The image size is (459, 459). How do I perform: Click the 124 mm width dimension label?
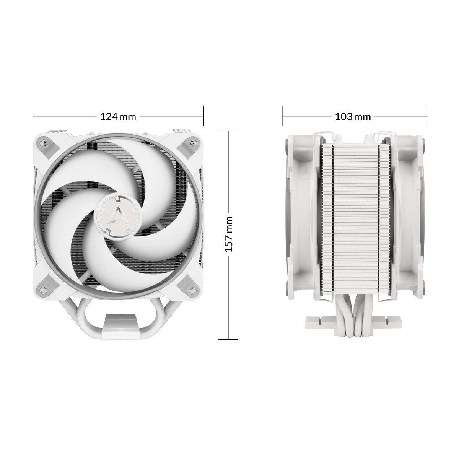click(118, 117)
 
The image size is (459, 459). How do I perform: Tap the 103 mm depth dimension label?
click(353, 117)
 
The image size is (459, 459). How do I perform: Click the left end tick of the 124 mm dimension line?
click(34, 116)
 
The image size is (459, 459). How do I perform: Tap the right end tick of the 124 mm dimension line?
click(203, 116)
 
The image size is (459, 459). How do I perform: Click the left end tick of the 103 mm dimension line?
click(283, 116)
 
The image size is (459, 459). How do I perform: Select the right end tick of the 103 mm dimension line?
click(427, 116)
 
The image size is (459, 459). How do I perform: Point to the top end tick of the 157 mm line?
click(228, 131)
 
